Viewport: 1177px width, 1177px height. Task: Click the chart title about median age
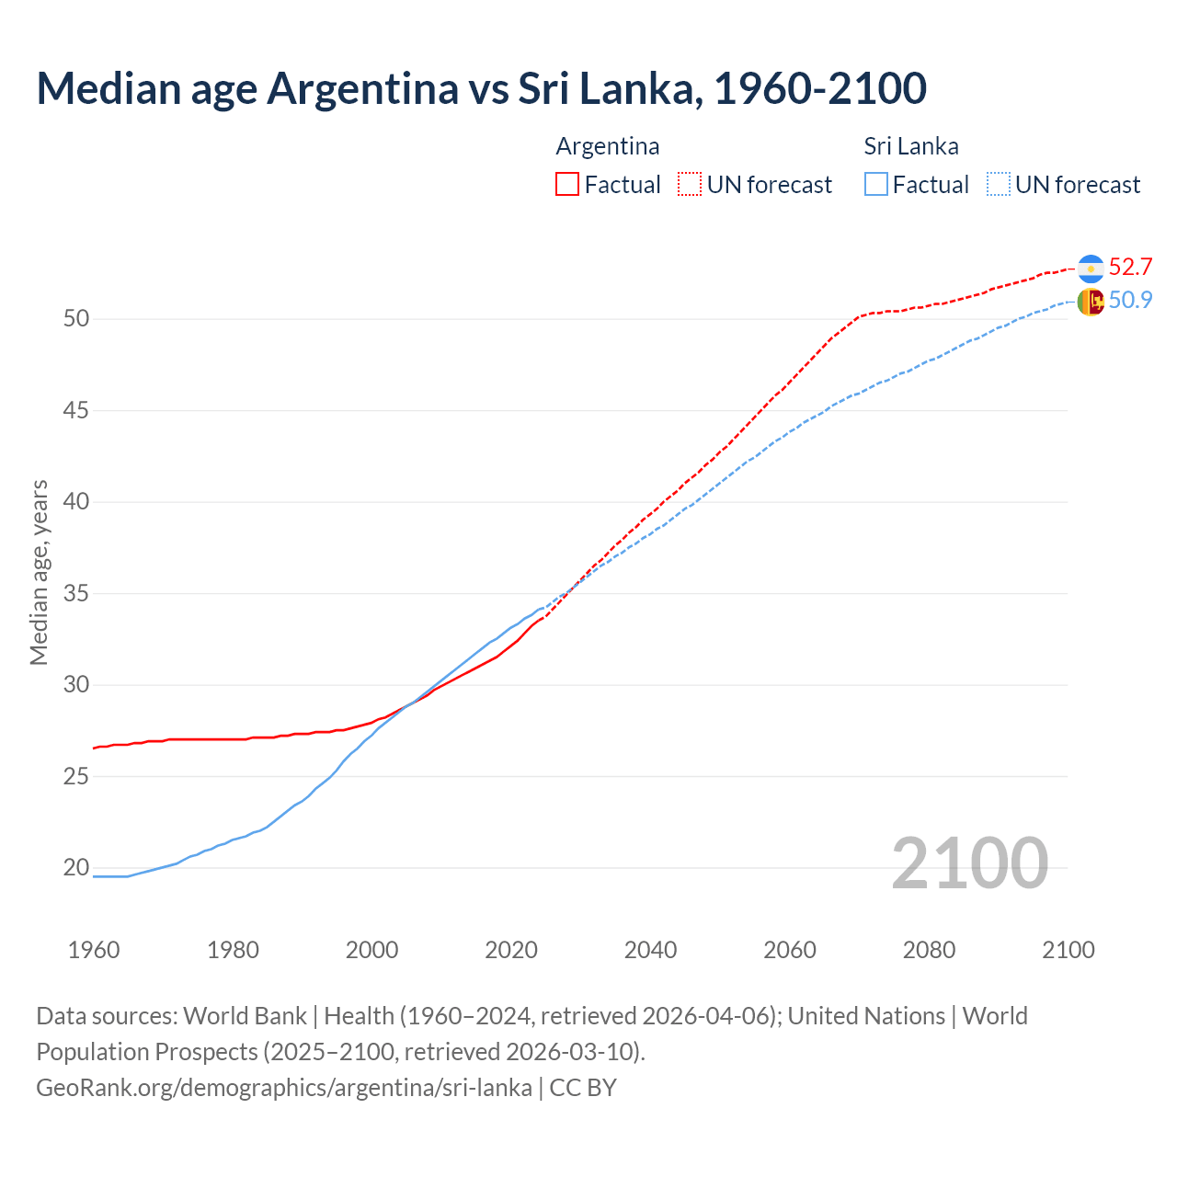tap(481, 89)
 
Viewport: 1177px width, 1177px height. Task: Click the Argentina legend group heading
tap(607, 146)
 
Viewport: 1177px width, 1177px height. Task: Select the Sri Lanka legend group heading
tap(910, 146)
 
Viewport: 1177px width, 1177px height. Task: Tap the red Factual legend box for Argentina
tap(567, 185)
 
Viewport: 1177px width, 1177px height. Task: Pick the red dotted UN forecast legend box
tap(690, 185)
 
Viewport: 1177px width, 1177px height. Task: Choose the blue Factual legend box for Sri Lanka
tap(876, 185)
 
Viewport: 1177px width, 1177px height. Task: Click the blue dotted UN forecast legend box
tap(998, 185)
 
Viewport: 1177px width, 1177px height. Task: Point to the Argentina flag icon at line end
tap(1091, 268)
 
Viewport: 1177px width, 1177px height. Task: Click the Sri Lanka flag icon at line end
tap(1091, 302)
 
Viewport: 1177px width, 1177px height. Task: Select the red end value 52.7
tap(1130, 268)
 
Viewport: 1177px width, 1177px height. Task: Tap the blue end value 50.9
tap(1130, 301)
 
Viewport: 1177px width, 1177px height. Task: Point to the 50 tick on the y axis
tap(76, 319)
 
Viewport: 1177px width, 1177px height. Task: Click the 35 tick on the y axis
tap(76, 594)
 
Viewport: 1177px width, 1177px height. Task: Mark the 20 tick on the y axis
tap(76, 868)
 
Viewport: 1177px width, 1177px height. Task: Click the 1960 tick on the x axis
tap(94, 950)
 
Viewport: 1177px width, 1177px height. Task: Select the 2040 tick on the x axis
tap(650, 950)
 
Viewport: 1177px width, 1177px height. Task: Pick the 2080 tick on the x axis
tap(929, 950)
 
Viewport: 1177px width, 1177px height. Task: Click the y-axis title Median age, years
tap(39, 572)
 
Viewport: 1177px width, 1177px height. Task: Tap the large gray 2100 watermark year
tap(969, 863)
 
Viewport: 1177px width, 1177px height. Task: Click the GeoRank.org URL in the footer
tap(283, 1088)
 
